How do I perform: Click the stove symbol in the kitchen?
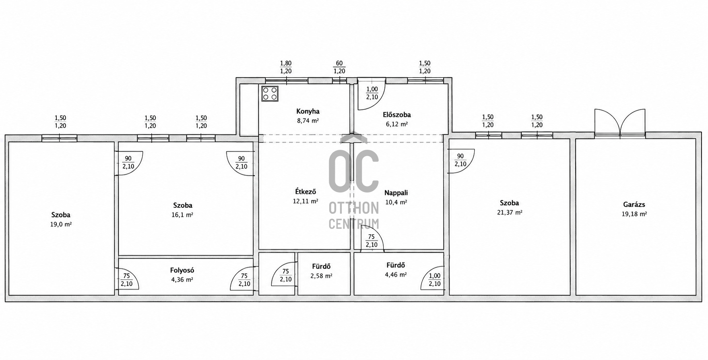pos(270,93)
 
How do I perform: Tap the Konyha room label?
pos(308,112)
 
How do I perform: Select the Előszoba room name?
pos(397,115)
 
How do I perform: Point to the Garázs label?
pos(634,205)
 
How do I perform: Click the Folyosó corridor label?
pos(182,271)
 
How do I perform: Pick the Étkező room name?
pos(305,192)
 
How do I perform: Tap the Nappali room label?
pos(396,193)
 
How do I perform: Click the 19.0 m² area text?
pos(61,224)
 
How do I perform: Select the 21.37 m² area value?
pos(510,213)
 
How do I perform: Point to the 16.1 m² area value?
pos(182,215)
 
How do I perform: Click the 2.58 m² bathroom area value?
pos(321,276)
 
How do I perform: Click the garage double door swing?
pos(620,123)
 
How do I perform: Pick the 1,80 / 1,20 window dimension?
pos(286,67)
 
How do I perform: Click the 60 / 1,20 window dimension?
pos(339,67)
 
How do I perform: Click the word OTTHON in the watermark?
pos(354,208)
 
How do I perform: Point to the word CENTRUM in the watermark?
pos(354,223)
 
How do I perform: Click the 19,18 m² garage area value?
pos(634,214)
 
